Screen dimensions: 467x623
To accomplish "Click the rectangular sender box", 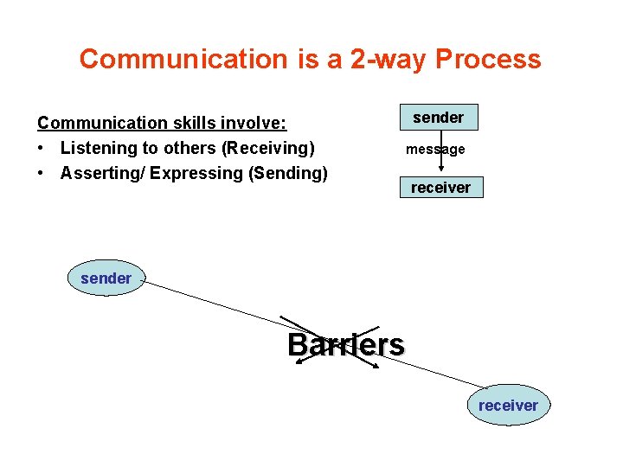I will tap(438, 118).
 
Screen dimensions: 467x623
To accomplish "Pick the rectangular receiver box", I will tap(440, 188).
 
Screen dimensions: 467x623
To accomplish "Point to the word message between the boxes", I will tap(435, 150).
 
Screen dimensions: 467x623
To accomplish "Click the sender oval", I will tap(106, 278).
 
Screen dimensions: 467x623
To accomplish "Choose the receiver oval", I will tap(508, 406).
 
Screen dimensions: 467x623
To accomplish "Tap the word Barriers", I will tap(345, 345).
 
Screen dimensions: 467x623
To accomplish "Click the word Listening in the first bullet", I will tap(96, 149).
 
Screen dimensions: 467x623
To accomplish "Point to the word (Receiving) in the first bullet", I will tap(268, 149).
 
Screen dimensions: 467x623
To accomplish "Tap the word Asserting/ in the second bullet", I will tap(102, 173).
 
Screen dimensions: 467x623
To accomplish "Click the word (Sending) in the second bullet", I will tap(288, 173).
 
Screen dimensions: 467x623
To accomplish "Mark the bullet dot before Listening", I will tap(42, 149).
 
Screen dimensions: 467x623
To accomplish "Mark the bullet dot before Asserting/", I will tap(42, 173).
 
